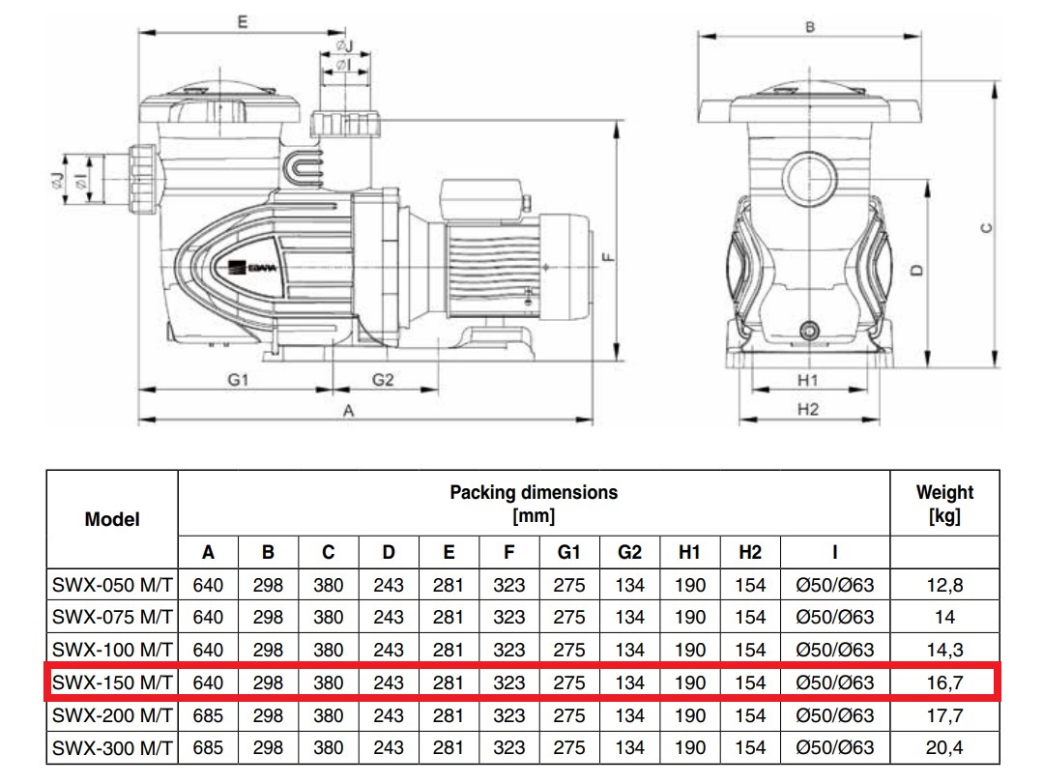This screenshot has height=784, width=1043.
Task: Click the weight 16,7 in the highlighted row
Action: pyautogui.click(x=944, y=682)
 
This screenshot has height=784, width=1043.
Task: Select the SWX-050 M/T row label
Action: pyautogui.click(x=112, y=585)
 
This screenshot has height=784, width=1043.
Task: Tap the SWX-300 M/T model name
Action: pyautogui.click(x=112, y=747)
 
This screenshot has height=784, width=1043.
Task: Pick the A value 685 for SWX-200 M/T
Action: pyautogui.click(x=208, y=715)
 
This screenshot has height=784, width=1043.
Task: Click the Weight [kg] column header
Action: pyautogui.click(x=944, y=504)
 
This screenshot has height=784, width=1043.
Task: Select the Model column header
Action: pyautogui.click(x=112, y=519)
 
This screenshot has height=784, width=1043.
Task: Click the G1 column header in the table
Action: pyautogui.click(x=569, y=552)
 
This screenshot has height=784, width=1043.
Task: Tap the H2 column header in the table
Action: pyautogui.click(x=750, y=552)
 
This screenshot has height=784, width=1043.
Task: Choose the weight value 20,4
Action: pyautogui.click(x=944, y=747)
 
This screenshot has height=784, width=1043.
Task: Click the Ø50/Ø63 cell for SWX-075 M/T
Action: pyautogui.click(x=834, y=618)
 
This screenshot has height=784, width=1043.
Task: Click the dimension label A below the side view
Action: pyautogui.click(x=349, y=410)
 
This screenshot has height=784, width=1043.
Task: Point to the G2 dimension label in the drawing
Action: pyautogui.click(x=384, y=380)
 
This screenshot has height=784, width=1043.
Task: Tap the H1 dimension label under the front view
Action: pyautogui.click(x=808, y=381)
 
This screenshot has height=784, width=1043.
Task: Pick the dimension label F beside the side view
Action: pyautogui.click(x=606, y=257)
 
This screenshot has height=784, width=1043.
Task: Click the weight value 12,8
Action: pyautogui.click(x=944, y=585)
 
